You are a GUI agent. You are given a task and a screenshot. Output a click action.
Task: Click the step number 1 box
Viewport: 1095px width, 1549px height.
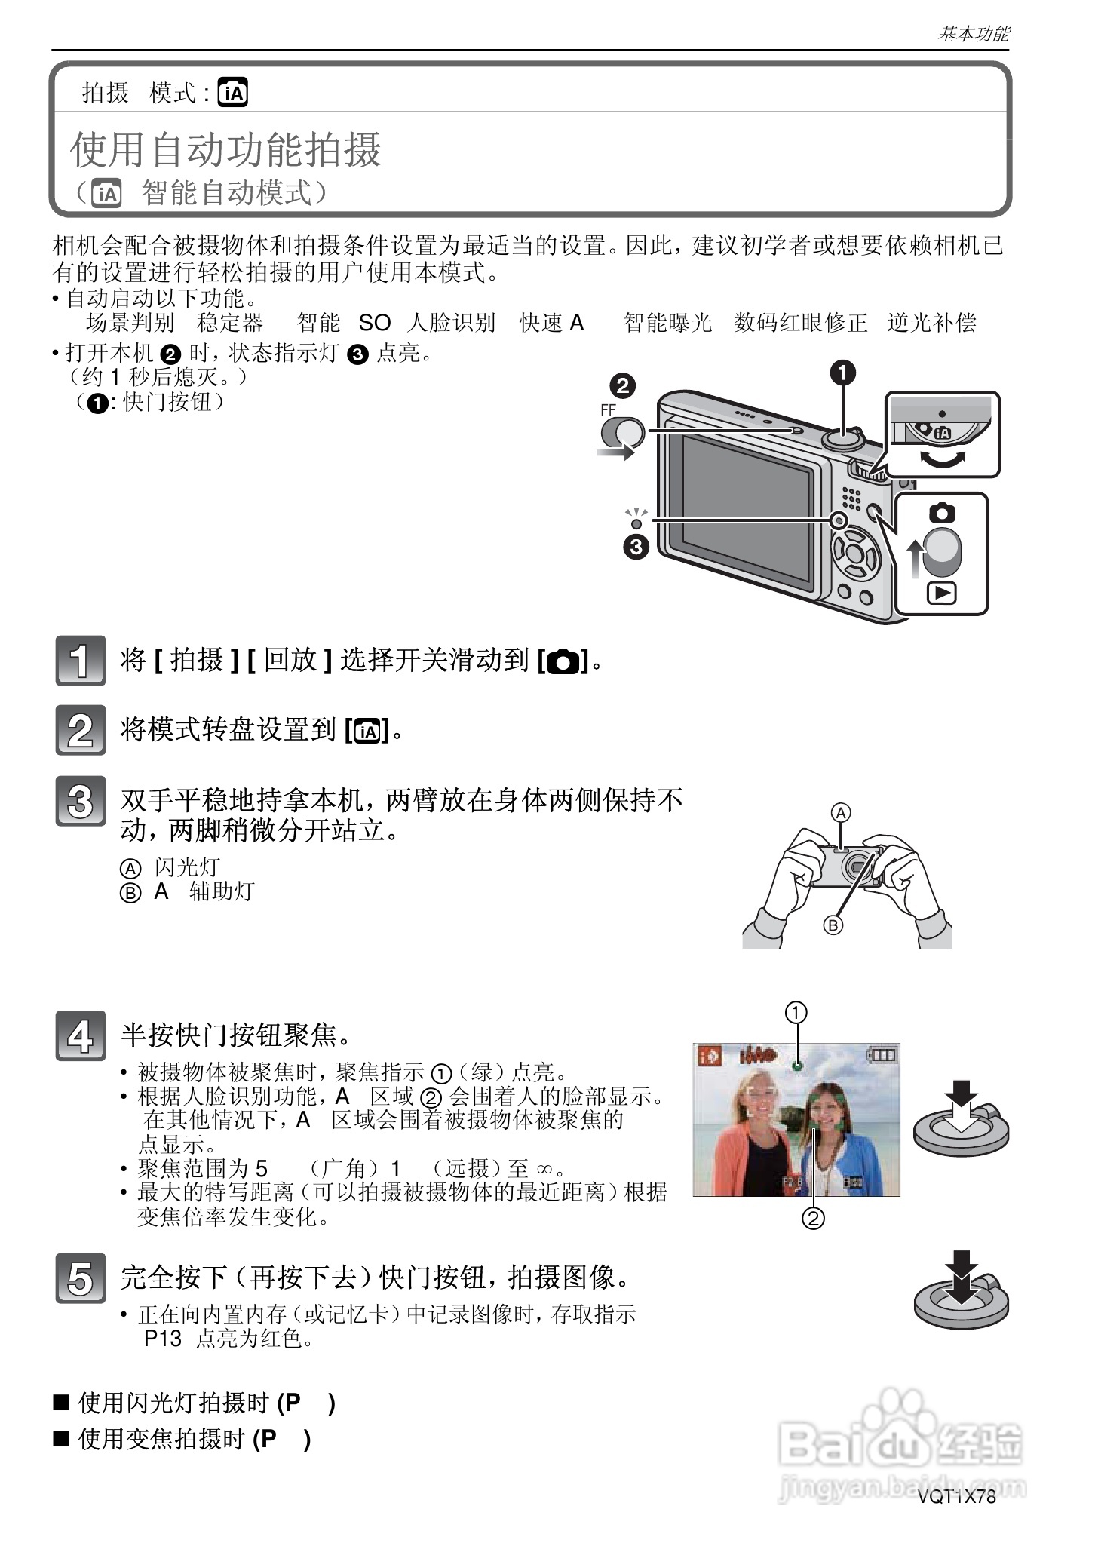tap(80, 661)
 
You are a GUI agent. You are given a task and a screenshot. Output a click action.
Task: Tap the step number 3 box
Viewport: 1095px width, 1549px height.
tap(80, 801)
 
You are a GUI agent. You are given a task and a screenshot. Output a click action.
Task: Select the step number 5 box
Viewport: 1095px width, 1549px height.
tap(80, 1279)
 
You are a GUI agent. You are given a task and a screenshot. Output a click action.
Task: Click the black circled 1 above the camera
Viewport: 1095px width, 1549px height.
tap(842, 373)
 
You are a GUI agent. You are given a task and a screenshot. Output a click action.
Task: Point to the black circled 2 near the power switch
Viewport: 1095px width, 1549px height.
tap(622, 386)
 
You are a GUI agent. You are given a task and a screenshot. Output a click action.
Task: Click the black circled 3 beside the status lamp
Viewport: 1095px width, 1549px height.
tap(636, 547)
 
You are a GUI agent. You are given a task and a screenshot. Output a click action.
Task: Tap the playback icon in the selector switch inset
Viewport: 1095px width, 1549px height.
tap(941, 594)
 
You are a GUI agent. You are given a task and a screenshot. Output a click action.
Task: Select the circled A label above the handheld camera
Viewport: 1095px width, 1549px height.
tap(840, 813)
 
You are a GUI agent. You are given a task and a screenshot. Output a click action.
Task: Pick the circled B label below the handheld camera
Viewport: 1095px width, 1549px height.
tap(833, 925)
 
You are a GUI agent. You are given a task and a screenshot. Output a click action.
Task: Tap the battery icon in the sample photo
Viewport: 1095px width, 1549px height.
tap(883, 1054)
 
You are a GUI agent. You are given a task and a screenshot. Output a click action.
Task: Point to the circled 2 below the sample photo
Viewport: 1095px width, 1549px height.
tap(813, 1218)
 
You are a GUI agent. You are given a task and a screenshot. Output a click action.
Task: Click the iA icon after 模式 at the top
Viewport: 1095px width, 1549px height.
tap(232, 93)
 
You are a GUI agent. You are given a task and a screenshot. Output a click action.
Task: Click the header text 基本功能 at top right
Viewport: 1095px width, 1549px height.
tap(973, 34)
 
